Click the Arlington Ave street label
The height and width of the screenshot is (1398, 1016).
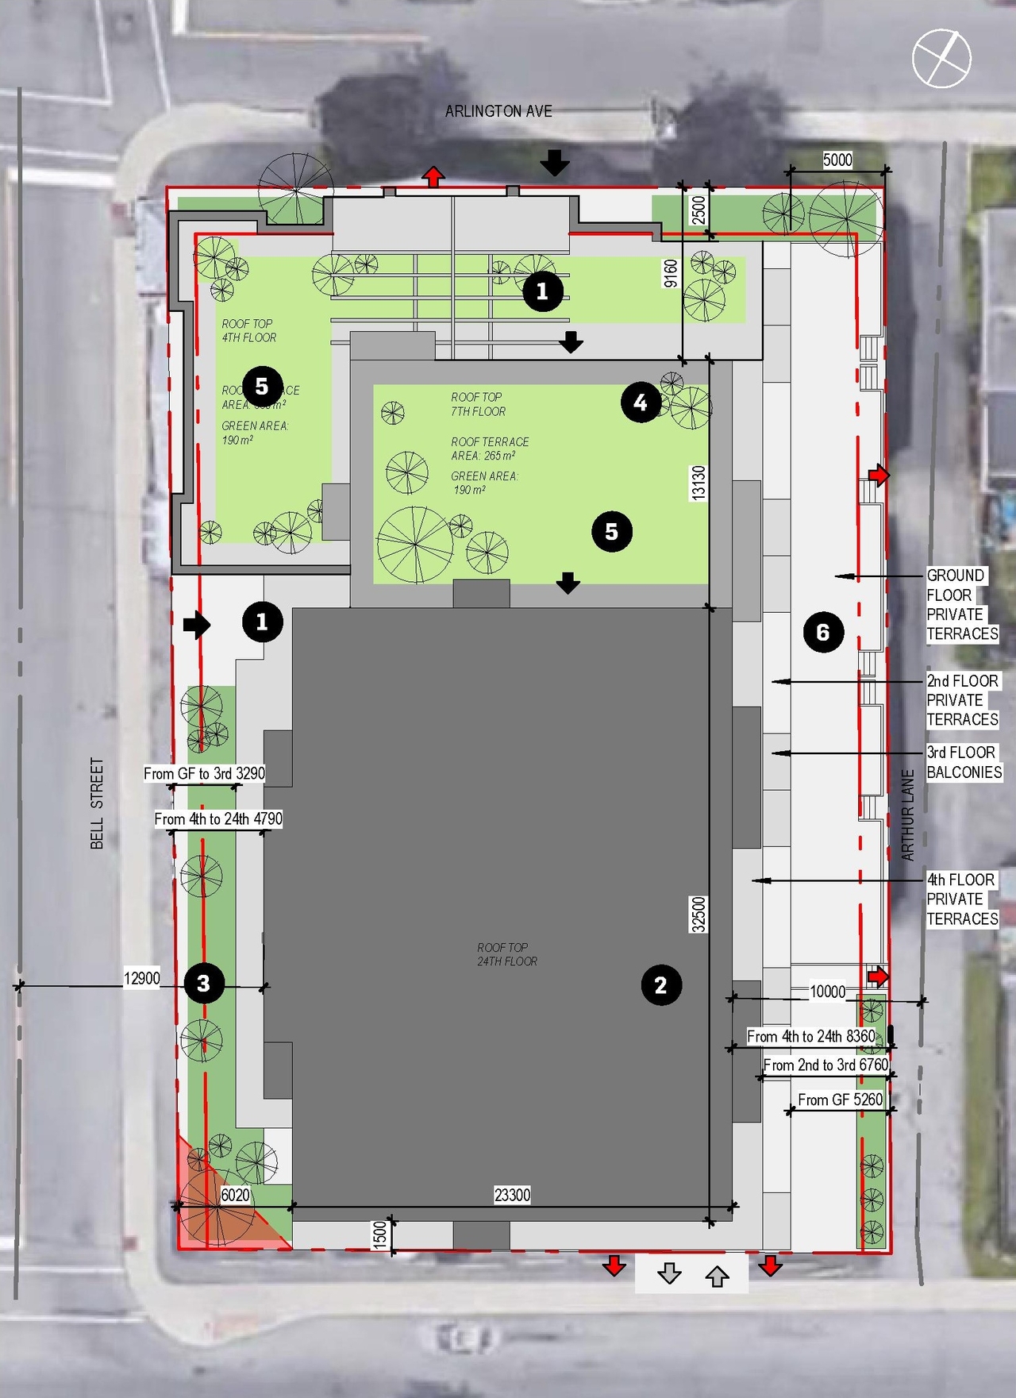(x=498, y=111)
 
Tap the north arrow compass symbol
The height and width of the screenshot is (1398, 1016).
(x=941, y=58)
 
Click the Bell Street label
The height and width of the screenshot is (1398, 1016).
(x=97, y=803)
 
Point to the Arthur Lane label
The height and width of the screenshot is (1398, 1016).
(x=908, y=815)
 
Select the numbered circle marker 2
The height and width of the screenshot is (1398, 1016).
(x=660, y=985)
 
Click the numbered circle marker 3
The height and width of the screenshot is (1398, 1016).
(x=203, y=984)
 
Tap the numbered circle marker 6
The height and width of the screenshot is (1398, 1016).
(x=823, y=632)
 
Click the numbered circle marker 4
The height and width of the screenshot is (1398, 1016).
(x=641, y=402)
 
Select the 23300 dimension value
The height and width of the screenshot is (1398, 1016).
(x=512, y=1195)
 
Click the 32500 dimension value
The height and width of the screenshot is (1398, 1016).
(x=698, y=914)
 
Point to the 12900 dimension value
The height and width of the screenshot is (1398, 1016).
(x=142, y=978)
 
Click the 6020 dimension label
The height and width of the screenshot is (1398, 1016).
(x=235, y=1195)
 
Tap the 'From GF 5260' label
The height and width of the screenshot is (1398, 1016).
(x=840, y=1100)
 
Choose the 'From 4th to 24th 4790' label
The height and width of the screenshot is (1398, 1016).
(x=217, y=818)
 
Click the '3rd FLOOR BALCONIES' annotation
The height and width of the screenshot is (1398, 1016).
(x=964, y=762)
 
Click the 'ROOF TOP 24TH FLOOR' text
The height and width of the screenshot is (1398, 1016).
(x=507, y=954)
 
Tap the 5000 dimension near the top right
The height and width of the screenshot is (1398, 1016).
(x=837, y=160)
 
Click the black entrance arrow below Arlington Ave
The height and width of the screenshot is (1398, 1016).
(x=555, y=163)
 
